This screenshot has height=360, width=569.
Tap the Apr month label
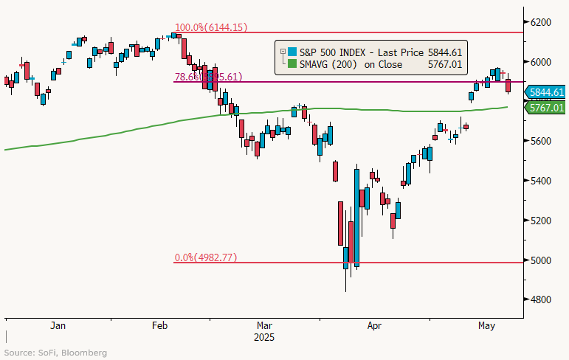[374, 325]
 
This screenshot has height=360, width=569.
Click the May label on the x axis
[485, 325]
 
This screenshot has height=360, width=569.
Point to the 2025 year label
[263, 338]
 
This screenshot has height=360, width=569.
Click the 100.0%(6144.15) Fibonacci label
[210, 27]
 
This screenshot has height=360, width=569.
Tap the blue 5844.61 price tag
[546, 92]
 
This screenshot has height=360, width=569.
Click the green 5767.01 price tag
[546, 108]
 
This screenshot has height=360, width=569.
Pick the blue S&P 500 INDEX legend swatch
[292, 52]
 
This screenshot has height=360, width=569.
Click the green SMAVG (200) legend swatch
[292, 64]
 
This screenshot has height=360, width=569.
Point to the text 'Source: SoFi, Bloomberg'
[56, 353]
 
